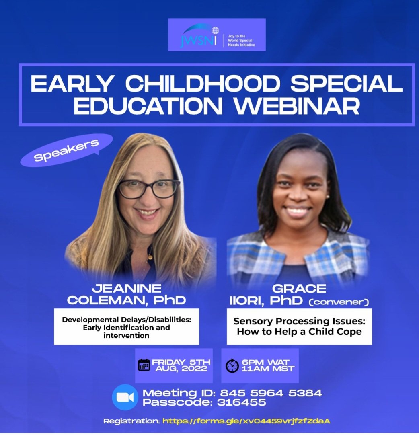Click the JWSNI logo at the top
tap(217, 35)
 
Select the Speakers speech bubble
tap(66, 150)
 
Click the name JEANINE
tap(127, 288)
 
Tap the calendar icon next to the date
tap(144, 365)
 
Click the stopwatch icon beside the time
tap(232, 365)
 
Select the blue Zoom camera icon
tap(125, 397)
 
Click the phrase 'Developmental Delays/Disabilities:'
tap(126, 320)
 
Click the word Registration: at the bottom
tap(131, 421)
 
